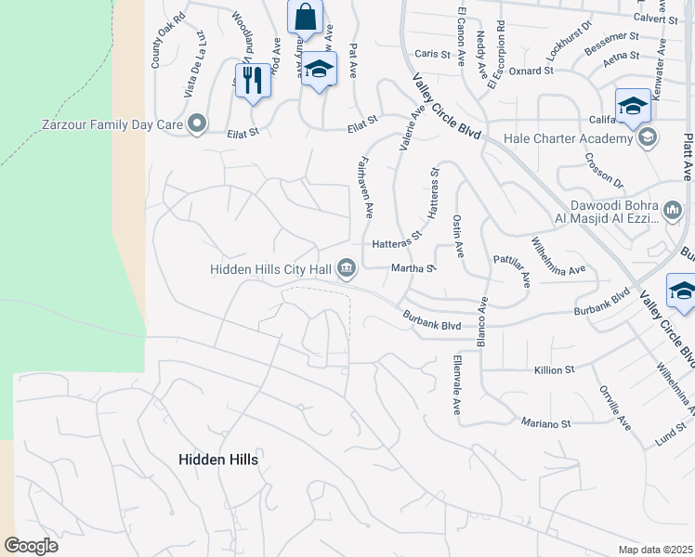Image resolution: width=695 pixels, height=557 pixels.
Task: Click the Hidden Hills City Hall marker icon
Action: [x=347, y=269]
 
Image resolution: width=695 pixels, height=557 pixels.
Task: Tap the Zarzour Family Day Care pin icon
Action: [x=196, y=123]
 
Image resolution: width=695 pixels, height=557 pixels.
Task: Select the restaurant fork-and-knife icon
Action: [x=252, y=81]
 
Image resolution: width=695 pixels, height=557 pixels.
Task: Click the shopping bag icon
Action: [x=305, y=17]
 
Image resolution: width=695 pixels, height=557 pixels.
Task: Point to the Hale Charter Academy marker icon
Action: [x=648, y=139]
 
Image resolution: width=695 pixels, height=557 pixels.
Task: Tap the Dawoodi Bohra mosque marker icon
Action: [x=673, y=213]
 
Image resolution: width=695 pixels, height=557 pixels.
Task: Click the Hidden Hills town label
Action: [x=217, y=459]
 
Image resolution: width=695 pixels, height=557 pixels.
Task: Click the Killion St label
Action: [x=555, y=369]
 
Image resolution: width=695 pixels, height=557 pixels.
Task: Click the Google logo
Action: [x=31, y=545]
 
